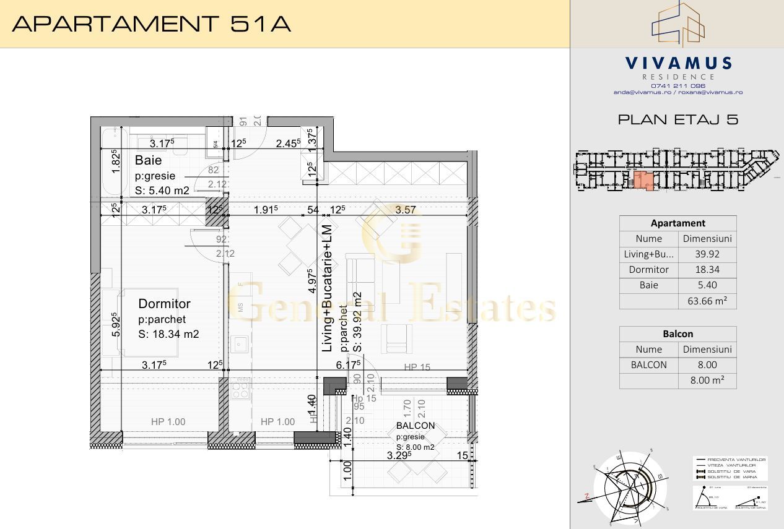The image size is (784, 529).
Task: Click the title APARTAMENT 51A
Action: (x=152, y=24)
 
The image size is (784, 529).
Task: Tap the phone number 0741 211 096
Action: (x=677, y=85)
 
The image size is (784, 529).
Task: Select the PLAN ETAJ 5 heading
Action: (x=677, y=120)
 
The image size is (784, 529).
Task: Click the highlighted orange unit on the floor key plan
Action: (x=645, y=181)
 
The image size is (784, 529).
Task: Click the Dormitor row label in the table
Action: (x=648, y=270)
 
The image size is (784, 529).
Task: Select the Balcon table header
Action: (x=677, y=333)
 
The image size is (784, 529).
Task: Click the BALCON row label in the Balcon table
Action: (x=648, y=365)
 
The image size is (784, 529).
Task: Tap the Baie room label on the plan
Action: (x=148, y=161)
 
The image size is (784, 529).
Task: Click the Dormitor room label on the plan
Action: (x=164, y=304)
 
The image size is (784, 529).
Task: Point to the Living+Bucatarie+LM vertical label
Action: (x=328, y=288)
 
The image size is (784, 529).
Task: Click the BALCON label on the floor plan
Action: (x=415, y=426)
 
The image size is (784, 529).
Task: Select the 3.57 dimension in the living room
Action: (x=406, y=210)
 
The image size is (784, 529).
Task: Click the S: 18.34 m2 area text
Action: (x=168, y=334)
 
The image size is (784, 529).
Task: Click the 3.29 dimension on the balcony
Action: (x=399, y=456)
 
